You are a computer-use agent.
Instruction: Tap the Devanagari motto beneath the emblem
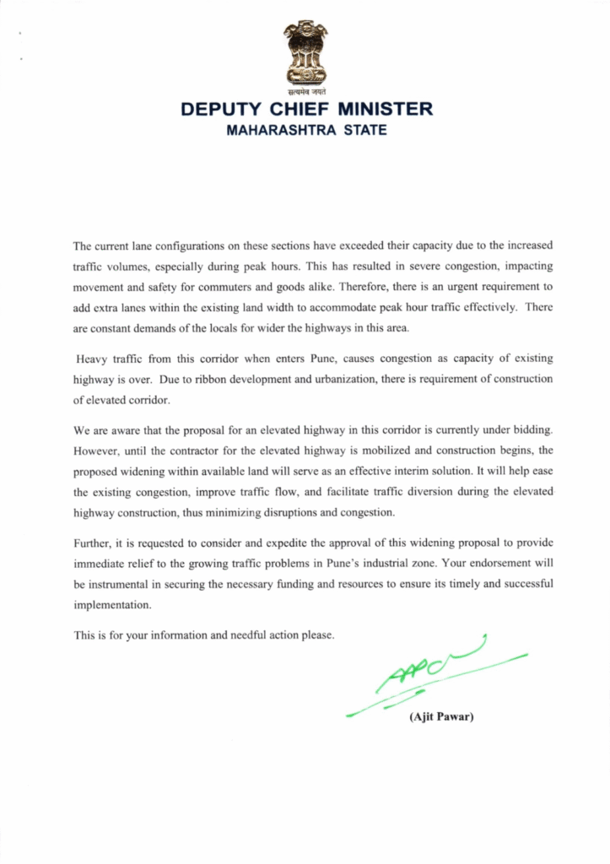305,89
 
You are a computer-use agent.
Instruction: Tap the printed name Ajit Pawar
442,717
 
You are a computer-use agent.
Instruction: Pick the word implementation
113,605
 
